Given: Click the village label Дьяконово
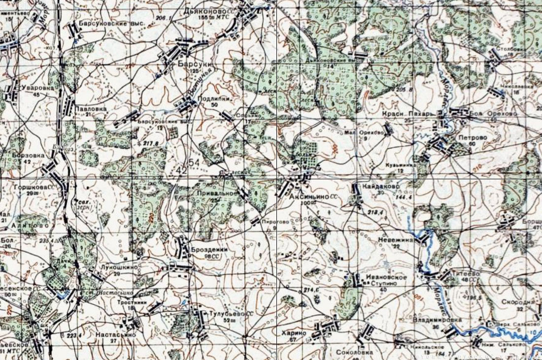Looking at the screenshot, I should (213, 10).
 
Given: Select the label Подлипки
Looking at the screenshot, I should (211, 98).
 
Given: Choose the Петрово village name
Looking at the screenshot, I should (472, 136).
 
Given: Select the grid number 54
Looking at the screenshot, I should (194, 163).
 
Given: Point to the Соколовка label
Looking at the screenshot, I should (352, 353).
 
